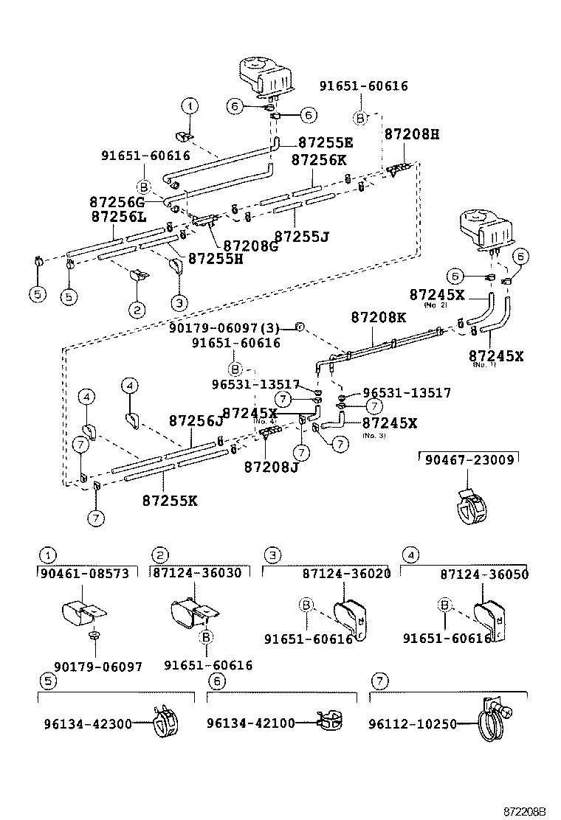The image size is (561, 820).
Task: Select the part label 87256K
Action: [x=318, y=160]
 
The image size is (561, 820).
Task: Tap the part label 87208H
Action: [x=411, y=135]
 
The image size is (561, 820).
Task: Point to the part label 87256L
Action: [x=118, y=217]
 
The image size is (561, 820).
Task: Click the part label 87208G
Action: [x=250, y=246]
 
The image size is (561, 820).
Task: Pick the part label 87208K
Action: [x=378, y=318]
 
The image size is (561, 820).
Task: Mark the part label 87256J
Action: [x=196, y=420]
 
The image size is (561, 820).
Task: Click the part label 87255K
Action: [x=170, y=500]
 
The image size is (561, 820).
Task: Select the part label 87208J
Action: [x=271, y=466]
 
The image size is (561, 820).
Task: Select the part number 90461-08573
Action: [x=88, y=573]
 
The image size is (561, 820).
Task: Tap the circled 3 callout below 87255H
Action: [x=179, y=302]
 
